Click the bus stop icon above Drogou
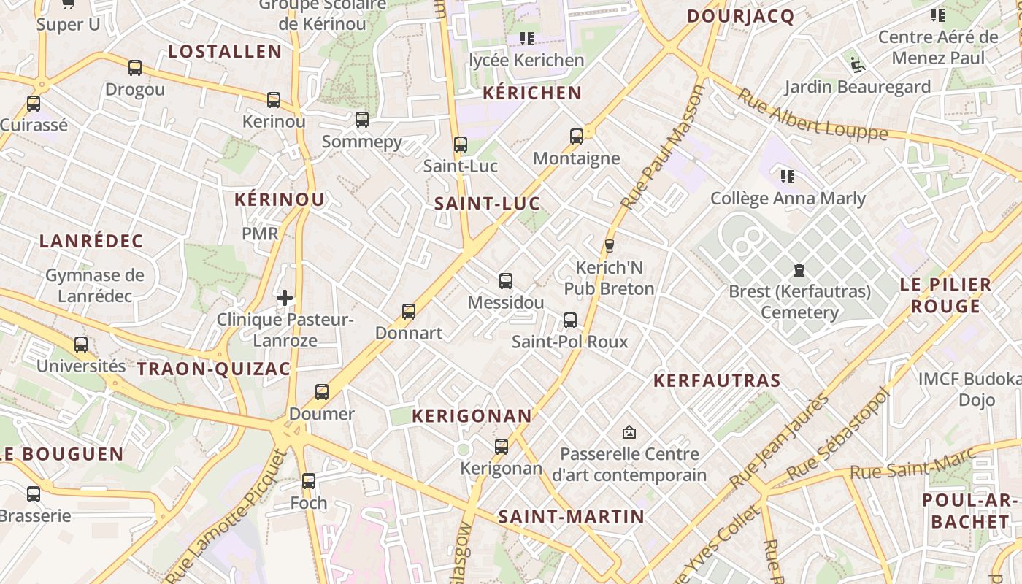(135, 68)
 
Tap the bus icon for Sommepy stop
(362, 120)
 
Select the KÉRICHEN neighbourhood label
(532, 93)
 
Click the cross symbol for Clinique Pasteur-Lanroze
(285, 298)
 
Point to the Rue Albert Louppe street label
(812, 115)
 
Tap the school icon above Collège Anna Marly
(787, 176)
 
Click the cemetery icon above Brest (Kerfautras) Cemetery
(799, 270)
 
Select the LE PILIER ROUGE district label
(945, 295)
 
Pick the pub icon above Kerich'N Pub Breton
(609, 245)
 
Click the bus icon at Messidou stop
(505, 280)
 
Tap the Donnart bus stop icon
(409, 312)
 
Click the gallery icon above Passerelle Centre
(629, 432)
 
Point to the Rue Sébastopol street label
(839, 434)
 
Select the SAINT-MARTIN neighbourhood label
(571, 517)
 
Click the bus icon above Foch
(309, 481)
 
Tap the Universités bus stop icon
(81, 345)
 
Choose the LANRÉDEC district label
(91, 241)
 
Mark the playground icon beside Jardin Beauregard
(858, 65)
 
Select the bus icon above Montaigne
(577, 137)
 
